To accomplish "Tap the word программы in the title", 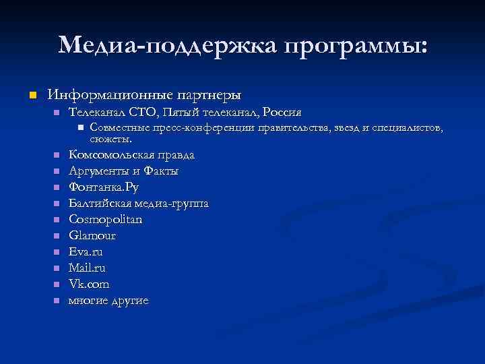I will coord(355,46).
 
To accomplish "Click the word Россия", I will coord(282,111).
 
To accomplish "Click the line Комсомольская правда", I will coord(132,155).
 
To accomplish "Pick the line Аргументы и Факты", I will coord(123,171).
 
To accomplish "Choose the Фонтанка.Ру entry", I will coord(104,187).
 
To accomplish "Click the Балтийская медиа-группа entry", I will coord(139,204).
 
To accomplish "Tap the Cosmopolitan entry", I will coord(106,220).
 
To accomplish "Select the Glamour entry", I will coord(92,236).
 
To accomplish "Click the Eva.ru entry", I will coord(86,252).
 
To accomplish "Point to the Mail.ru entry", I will coord(87,268).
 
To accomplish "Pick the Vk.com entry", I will coord(89,284).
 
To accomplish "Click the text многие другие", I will coord(108,301).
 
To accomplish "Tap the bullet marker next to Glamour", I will coord(57,236).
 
